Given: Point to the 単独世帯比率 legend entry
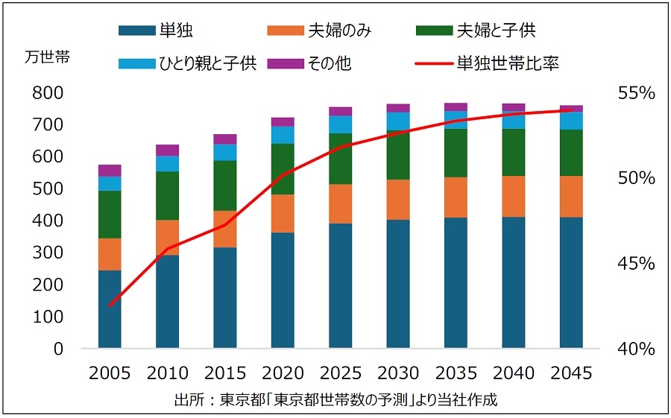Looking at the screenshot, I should [x=508, y=63].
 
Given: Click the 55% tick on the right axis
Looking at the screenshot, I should [x=636, y=93].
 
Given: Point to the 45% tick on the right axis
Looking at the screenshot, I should [x=636, y=264].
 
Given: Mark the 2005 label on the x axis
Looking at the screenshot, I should [x=109, y=373].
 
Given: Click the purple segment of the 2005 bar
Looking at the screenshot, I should [x=109, y=170].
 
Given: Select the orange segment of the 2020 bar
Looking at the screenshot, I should [x=283, y=213].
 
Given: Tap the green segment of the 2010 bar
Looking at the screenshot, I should [x=167, y=196].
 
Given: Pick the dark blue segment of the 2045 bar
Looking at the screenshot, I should [x=571, y=282].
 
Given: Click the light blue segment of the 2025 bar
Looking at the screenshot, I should [x=340, y=124].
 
